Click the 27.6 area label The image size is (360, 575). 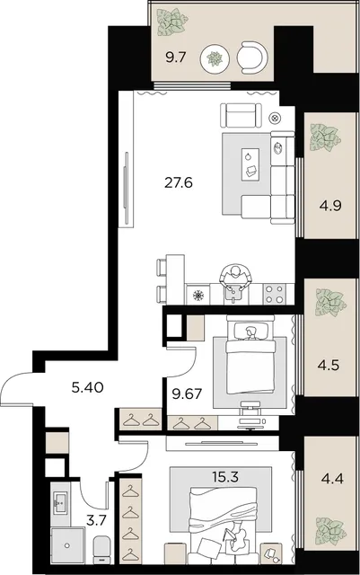point(179,182)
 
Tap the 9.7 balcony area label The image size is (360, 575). point(176,57)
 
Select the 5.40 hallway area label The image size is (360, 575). point(88,387)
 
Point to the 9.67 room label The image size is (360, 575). point(187,394)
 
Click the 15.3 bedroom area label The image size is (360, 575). point(225,477)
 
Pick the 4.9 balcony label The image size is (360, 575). point(330,206)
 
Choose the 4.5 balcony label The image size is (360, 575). point(329,366)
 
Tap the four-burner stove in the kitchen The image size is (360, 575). point(274,294)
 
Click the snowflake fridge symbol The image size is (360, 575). point(198,296)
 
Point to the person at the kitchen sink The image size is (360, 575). point(235,278)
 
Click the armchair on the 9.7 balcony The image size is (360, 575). point(252,57)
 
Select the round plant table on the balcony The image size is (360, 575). point(215,58)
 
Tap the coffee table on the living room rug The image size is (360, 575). point(250,164)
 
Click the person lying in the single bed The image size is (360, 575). point(250,333)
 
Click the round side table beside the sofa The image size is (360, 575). point(276,118)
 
